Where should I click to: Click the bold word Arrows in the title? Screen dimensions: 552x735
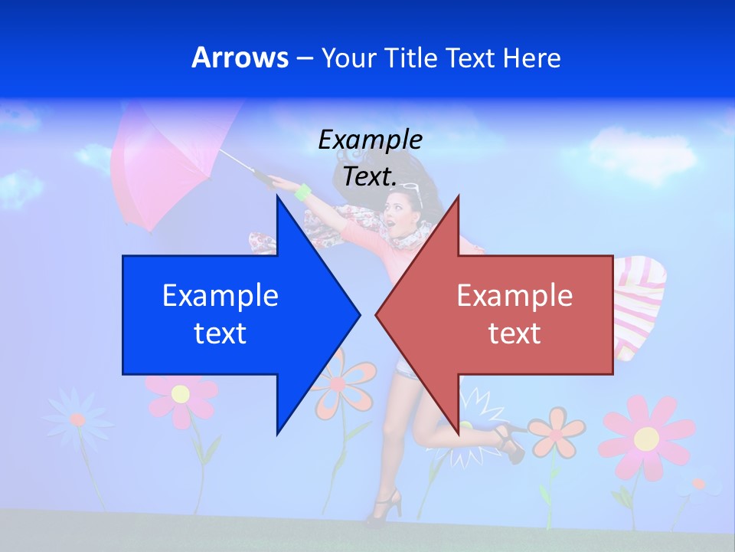(240, 58)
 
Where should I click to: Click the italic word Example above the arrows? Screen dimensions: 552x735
(370, 140)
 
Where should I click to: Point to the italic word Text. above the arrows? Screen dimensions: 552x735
(370, 176)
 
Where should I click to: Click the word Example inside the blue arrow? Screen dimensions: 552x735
(220, 295)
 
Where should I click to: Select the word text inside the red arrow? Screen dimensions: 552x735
(514, 333)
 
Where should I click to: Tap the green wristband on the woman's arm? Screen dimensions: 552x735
(302, 192)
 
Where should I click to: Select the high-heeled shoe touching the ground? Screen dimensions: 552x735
(387, 506)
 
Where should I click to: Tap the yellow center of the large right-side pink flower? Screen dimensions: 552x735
(646, 439)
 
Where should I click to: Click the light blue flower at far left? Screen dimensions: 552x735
(77, 418)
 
